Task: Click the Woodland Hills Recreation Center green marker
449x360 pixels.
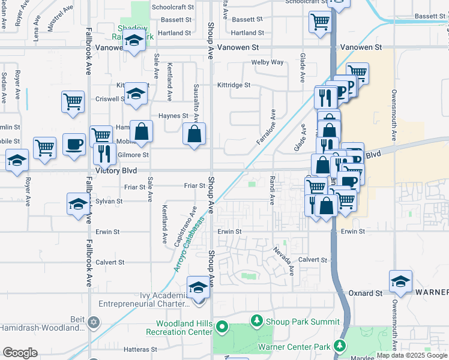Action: coord(221,328)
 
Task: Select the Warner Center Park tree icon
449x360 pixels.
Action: coord(340,346)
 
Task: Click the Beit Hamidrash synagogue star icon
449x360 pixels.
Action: coord(92,323)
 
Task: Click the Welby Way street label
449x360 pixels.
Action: coord(267,62)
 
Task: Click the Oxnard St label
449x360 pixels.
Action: coord(366,293)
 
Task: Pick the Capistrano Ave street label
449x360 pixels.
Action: coord(185,227)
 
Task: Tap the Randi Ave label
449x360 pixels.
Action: coord(272,188)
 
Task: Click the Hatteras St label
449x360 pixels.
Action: coord(140,349)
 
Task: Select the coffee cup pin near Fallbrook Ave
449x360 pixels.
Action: coord(74,145)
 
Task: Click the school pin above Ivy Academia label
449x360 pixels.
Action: coord(197,287)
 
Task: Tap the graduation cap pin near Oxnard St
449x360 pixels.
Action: coord(400,281)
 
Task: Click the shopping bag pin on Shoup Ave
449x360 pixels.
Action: coord(194,134)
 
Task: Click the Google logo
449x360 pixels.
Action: coord(20,353)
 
